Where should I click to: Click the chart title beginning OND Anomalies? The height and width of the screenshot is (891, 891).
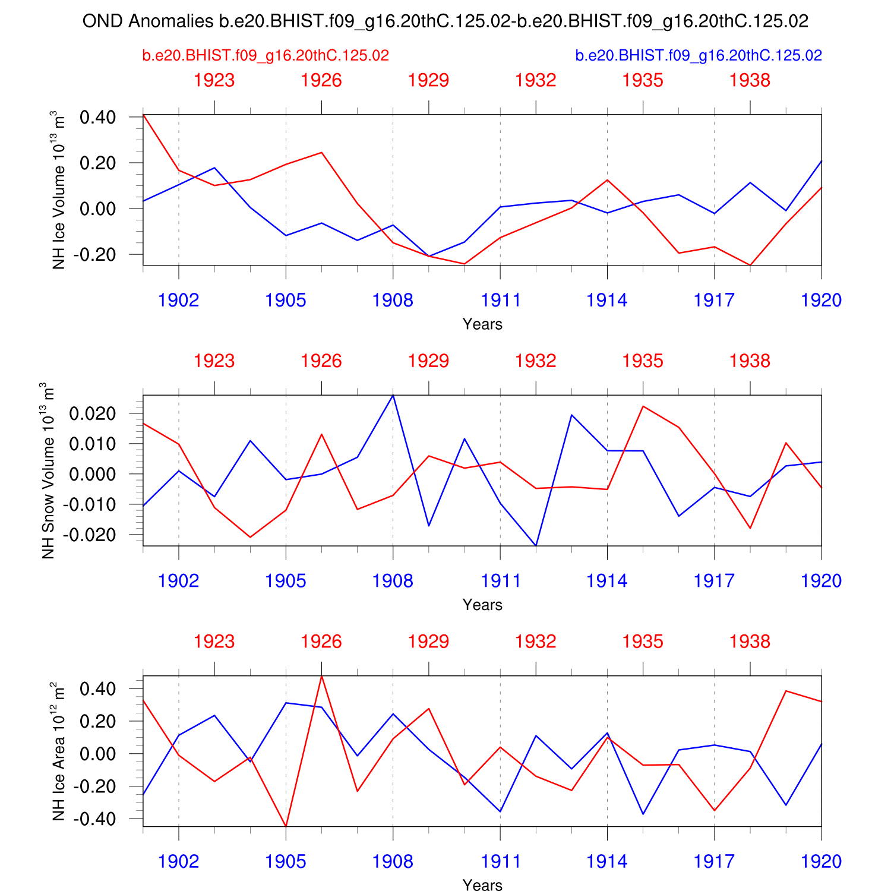(445, 21)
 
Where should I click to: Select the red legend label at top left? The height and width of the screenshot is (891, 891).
(266, 56)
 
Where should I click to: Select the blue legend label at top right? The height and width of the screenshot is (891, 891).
(699, 56)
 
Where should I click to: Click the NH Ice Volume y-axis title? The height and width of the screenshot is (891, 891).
(59, 189)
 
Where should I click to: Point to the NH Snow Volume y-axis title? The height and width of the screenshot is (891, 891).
(49, 470)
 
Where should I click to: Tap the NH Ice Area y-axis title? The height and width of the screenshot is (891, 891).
(59, 751)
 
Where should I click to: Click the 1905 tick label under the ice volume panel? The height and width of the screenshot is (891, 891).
(286, 301)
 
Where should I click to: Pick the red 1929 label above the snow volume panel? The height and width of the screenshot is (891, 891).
(428, 361)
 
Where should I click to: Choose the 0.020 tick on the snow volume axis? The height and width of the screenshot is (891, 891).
(91, 413)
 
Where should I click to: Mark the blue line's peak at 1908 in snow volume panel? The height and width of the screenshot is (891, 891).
(393, 396)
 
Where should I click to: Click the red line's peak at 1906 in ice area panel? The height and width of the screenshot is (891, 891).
(321, 676)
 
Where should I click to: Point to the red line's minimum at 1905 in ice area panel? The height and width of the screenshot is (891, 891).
(286, 826)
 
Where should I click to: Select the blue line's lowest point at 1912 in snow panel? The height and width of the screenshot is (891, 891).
(536, 545)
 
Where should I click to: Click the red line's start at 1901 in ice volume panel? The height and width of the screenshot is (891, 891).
(144, 115)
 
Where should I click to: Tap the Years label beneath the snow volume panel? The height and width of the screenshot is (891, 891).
(482, 605)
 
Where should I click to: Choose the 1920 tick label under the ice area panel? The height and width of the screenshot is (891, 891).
(821, 862)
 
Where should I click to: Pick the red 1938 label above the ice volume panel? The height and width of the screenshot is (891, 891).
(750, 80)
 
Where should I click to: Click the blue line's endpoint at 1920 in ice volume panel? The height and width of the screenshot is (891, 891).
(821, 161)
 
